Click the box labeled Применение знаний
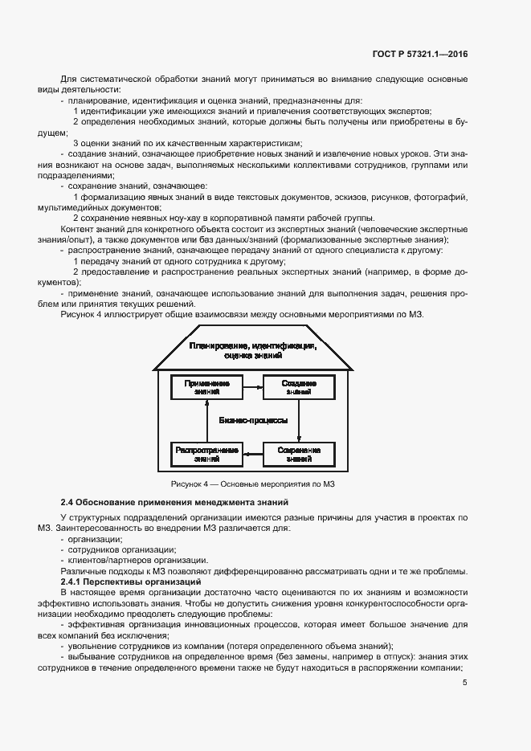tap(206, 387)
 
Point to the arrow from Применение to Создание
tap(252, 387)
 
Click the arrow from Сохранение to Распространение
tap(252, 455)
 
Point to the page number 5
tap(466, 684)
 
